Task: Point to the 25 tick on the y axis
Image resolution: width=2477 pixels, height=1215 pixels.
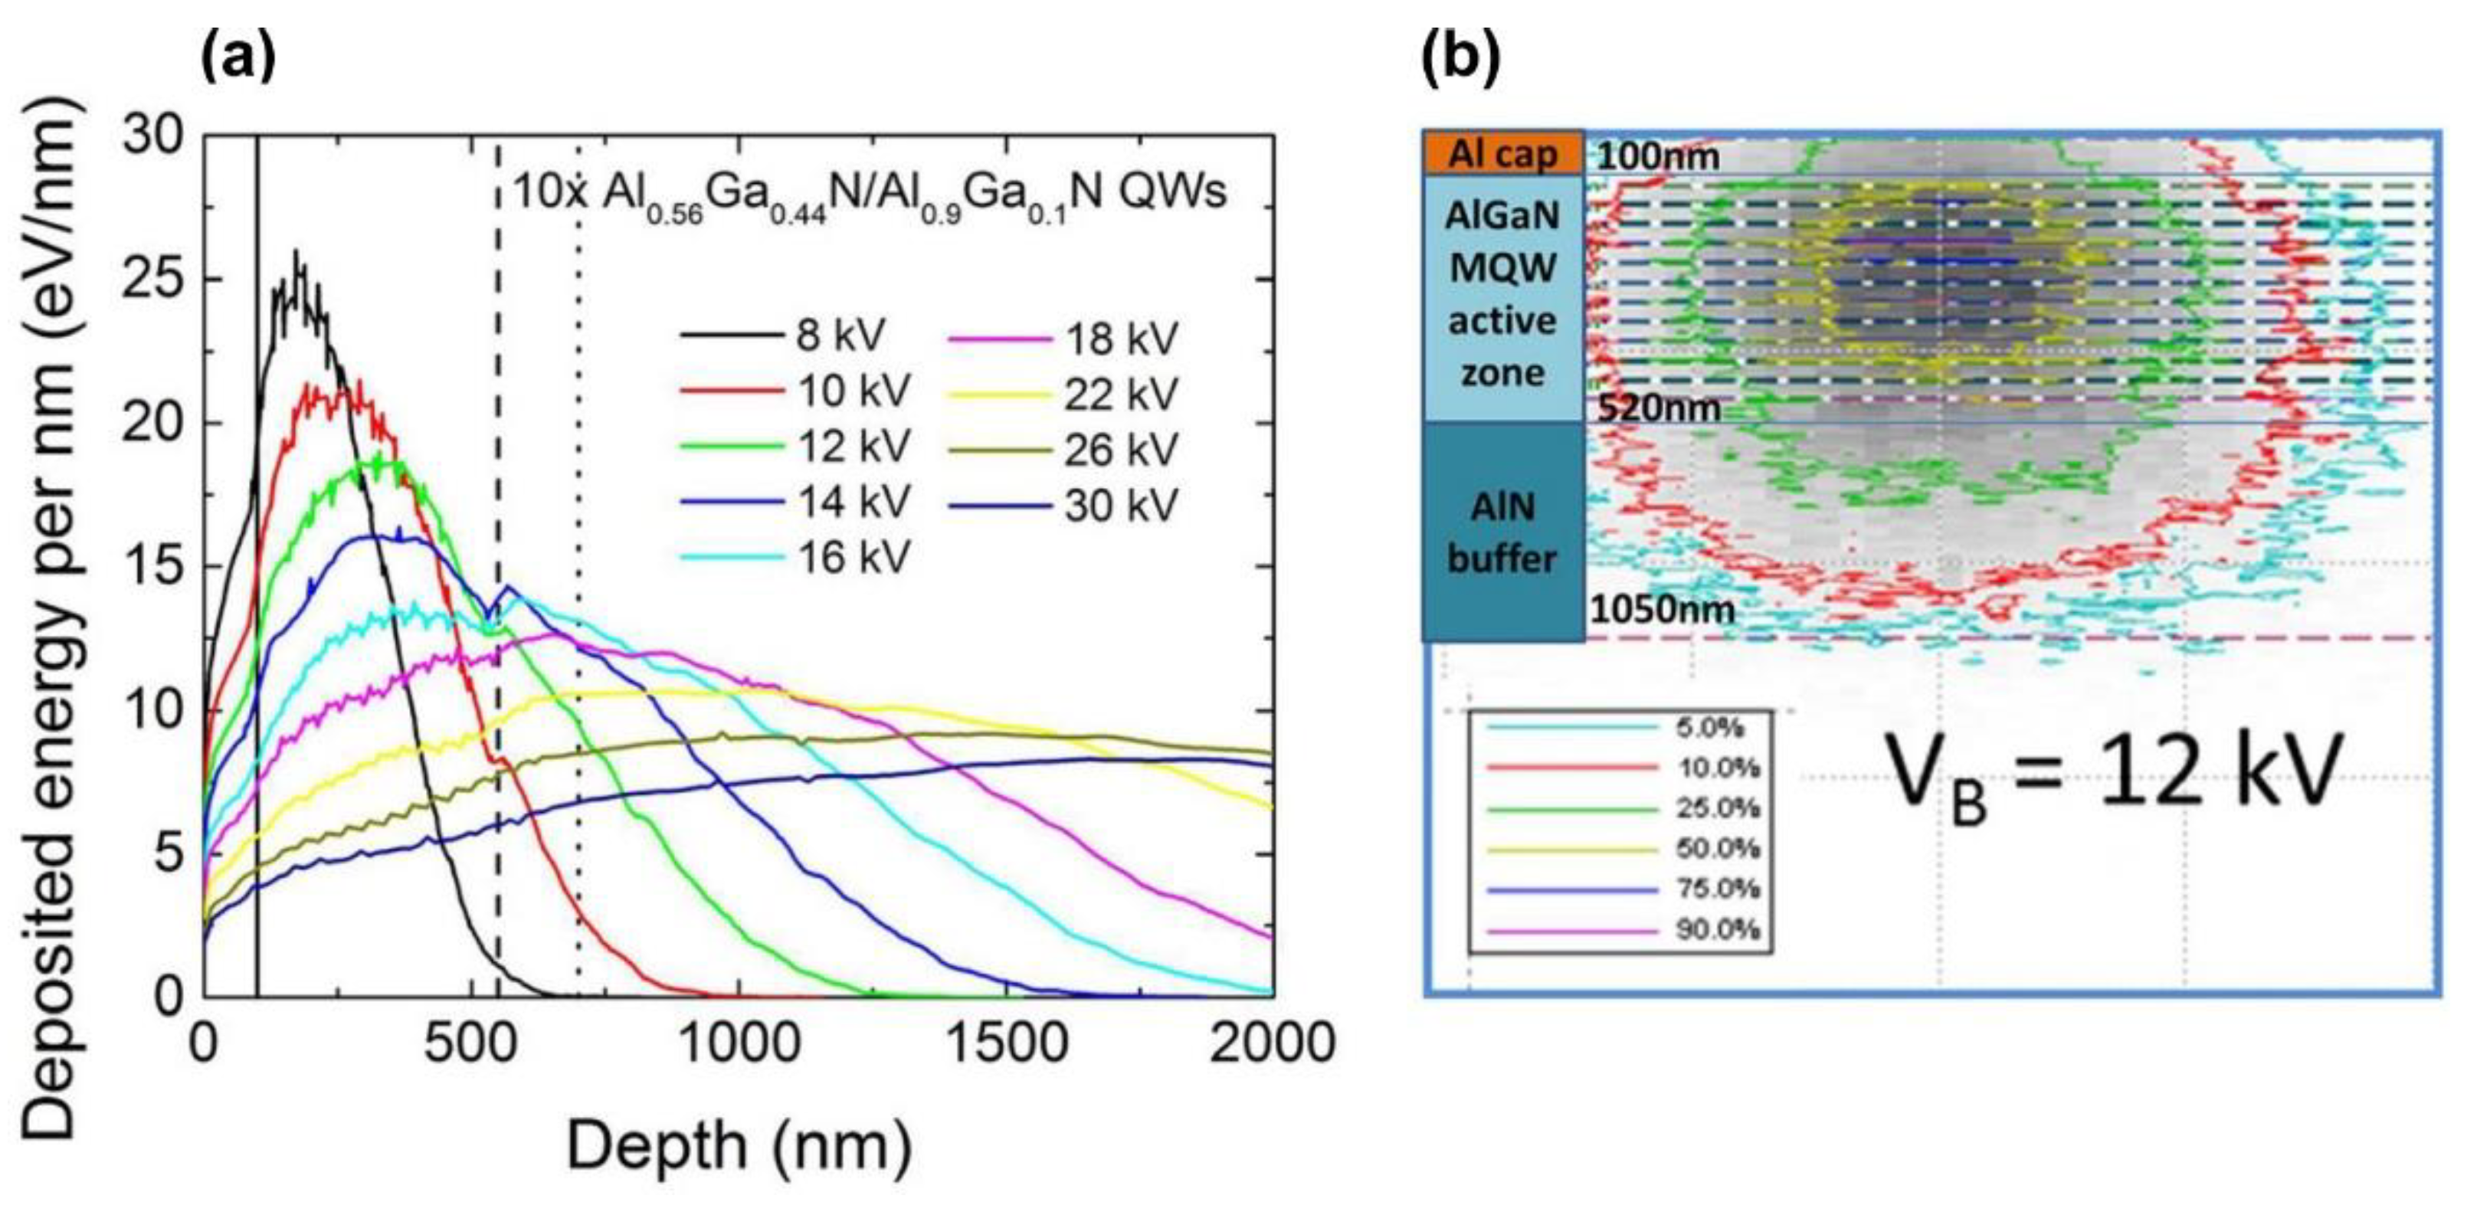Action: pos(154,280)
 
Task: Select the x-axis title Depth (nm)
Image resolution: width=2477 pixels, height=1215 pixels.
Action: pos(739,1146)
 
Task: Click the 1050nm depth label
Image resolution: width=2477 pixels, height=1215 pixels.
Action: pos(1663,608)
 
